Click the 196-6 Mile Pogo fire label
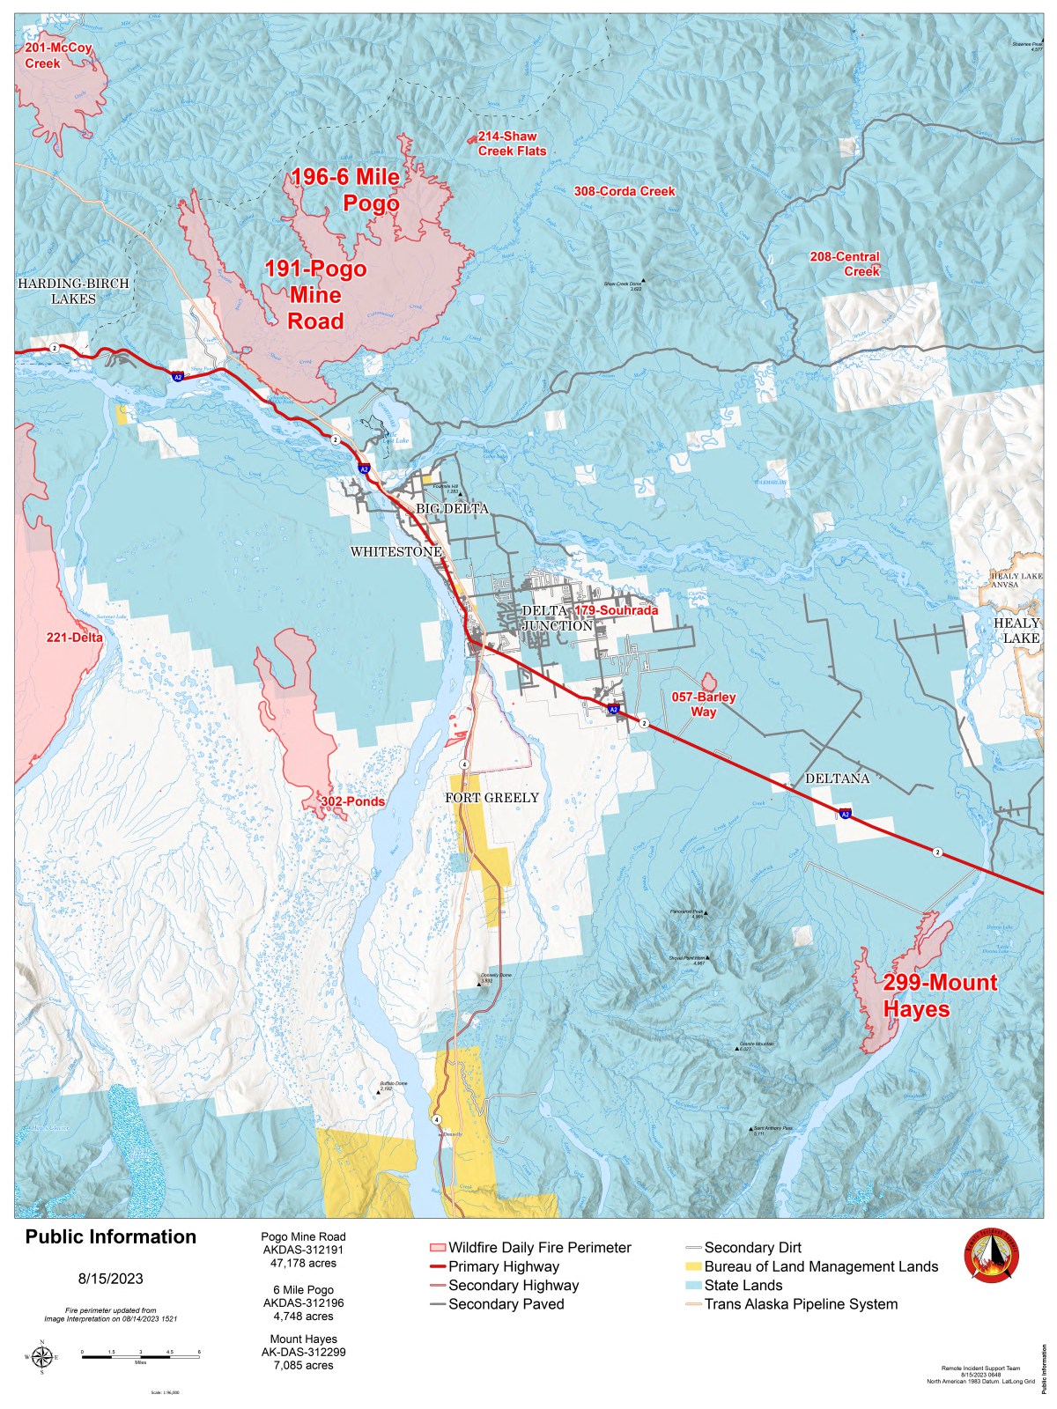pos(346,190)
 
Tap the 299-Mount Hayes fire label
pos(939,996)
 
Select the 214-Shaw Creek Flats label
pos(512,144)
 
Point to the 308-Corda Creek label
pos(625,191)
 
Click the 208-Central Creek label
pos(845,264)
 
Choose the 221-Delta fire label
pos(75,638)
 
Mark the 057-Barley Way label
pos(703,704)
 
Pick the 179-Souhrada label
pos(617,610)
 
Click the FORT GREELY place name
pos(492,798)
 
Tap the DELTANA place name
pos(837,778)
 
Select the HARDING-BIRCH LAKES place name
pos(73,291)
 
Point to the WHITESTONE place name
pos(396,552)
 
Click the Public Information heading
pos(110,1237)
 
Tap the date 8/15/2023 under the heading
pos(110,1279)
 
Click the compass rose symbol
pos(41,1357)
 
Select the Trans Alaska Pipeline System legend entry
pos(800,1304)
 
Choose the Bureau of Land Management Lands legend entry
pos(820,1266)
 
